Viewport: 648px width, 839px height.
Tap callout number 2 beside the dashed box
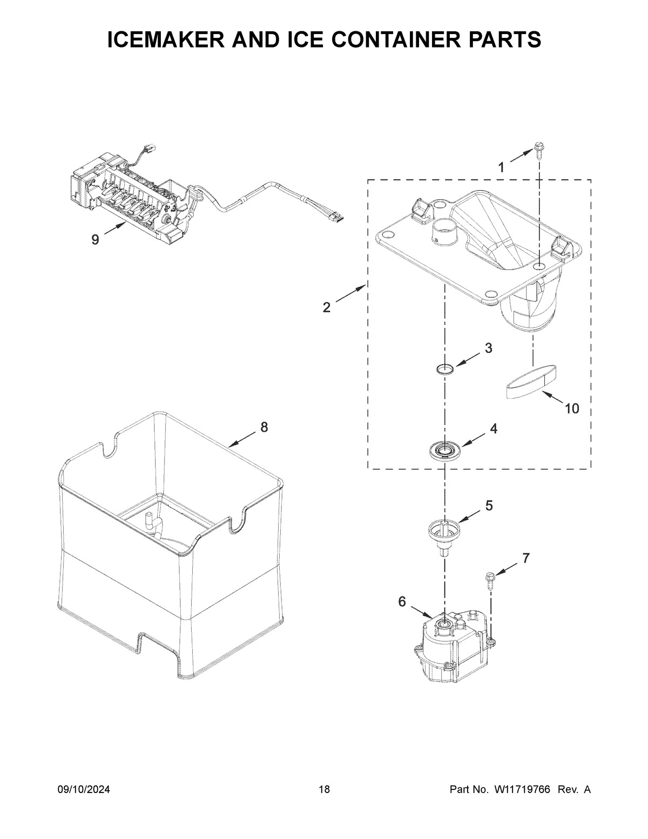[x=327, y=307]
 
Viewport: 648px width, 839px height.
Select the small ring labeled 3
[x=444, y=370]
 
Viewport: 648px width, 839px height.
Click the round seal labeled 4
[x=444, y=449]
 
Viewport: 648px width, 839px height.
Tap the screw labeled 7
[x=490, y=582]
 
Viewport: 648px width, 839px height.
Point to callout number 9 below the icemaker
[x=95, y=240]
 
